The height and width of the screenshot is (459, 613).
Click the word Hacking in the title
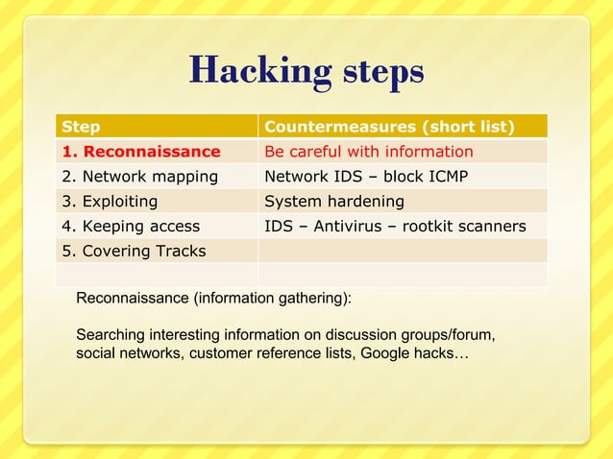point(252,71)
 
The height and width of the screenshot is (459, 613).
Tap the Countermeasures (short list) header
point(389,127)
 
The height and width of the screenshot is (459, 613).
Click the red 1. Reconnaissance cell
point(140,152)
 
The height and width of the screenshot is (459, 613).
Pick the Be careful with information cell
point(368,152)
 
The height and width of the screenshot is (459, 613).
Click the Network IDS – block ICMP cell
point(365,177)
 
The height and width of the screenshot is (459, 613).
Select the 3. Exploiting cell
point(110,202)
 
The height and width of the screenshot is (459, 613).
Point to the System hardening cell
point(333,202)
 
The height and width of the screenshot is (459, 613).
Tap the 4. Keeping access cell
point(131,227)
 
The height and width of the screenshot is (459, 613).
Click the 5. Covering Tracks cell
point(134,252)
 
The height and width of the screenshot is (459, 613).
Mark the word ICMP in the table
point(445,177)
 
